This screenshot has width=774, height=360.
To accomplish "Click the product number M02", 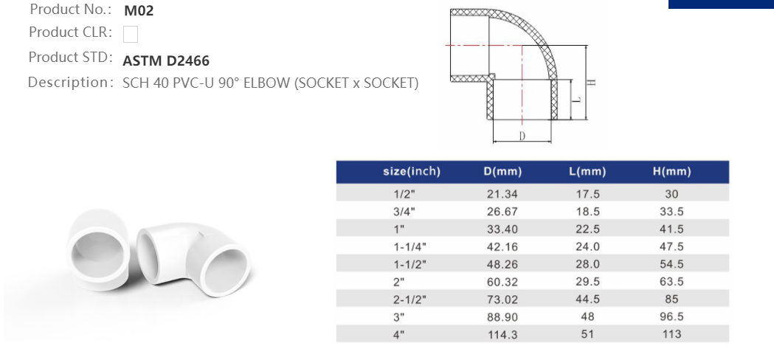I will tap(139, 11).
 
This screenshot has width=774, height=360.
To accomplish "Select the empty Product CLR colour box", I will tap(131, 34).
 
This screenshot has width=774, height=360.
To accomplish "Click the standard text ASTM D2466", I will tap(166, 60).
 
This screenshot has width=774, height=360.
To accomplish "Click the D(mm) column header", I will tap(502, 172).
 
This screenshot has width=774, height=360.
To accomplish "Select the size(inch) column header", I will tap(411, 172).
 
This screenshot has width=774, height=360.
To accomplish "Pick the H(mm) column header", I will tap(671, 172).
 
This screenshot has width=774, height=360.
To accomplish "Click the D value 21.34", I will tap(502, 194).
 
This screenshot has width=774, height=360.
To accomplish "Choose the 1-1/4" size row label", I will tap(410, 246).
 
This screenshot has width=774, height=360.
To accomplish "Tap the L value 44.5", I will tap(587, 300).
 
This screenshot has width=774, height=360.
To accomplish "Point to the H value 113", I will tap(671, 334).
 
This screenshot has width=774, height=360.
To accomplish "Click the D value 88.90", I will tap(502, 316).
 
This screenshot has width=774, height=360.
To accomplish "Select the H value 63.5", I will tap(671, 282).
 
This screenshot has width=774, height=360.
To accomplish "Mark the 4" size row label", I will tap(399, 334).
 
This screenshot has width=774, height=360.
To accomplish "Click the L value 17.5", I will tap(587, 194).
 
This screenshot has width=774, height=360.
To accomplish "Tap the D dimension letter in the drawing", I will tap(522, 136).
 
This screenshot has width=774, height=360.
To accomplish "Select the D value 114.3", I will tap(502, 334).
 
